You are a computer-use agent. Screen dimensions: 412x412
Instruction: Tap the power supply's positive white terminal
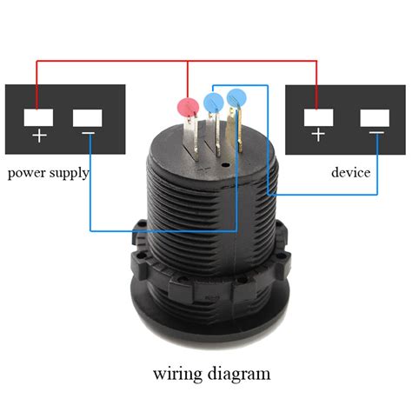tap(37, 116)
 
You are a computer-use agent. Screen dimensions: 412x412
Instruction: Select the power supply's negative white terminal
tap(89, 116)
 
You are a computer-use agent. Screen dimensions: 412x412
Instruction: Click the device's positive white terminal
tap(317, 116)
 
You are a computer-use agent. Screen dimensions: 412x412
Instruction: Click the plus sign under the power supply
tap(37, 136)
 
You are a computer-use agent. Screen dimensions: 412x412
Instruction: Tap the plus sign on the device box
tap(317, 136)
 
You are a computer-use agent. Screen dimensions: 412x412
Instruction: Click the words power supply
tap(49, 172)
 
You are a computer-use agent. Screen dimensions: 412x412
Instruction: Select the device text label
tap(350, 172)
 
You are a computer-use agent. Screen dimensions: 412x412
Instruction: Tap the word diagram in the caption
tap(240, 374)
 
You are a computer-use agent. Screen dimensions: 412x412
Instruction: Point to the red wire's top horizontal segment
tap(174, 61)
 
